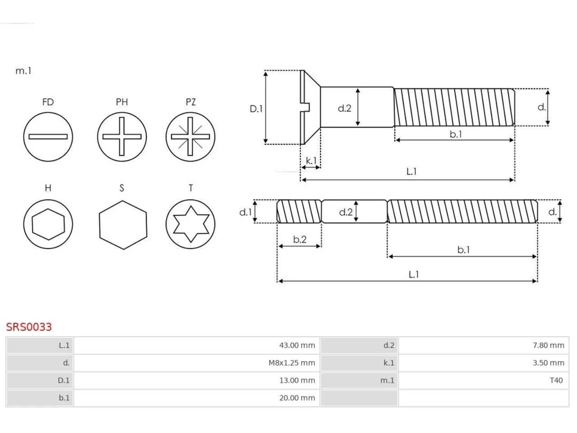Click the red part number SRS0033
(29, 327)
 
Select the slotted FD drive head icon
(48, 137)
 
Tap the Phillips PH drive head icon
(122, 137)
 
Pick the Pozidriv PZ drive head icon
(190, 137)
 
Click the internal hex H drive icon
(48, 224)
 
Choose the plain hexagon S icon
(123, 225)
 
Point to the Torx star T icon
(190, 224)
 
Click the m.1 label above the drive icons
(23, 71)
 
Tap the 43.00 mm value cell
(297, 345)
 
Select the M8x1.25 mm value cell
(292, 363)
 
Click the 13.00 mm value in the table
(297, 380)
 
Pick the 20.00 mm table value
(297, 398)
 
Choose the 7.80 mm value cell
(548, 345)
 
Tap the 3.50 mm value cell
(548, 363)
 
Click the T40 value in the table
(556, 380)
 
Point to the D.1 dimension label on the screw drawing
(256, 109)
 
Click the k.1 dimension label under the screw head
(311, 161)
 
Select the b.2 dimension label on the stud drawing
(300, 239)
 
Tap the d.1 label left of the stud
(246, 212)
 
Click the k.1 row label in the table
(389, 363)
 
